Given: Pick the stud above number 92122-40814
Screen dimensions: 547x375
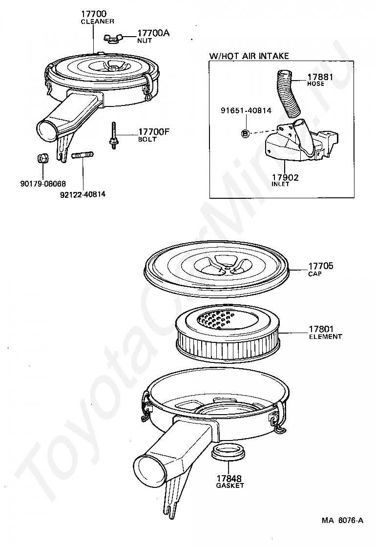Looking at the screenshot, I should point(83,156).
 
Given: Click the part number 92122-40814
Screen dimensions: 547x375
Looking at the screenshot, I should point(83,194).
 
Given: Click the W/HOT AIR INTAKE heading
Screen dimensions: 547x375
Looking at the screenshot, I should point(249,56).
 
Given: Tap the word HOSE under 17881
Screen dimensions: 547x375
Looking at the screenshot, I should point(315,84).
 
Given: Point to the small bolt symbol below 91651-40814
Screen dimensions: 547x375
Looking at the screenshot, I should point(246,133).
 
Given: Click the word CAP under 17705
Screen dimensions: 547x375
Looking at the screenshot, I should point(315,274).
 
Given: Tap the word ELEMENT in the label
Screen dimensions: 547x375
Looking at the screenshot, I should point(325,337).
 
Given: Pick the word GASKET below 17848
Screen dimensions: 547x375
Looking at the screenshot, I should point(229,485).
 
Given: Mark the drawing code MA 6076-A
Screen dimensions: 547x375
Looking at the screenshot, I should point(342,520).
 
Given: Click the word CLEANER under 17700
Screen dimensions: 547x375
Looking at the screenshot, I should point(97,21).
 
